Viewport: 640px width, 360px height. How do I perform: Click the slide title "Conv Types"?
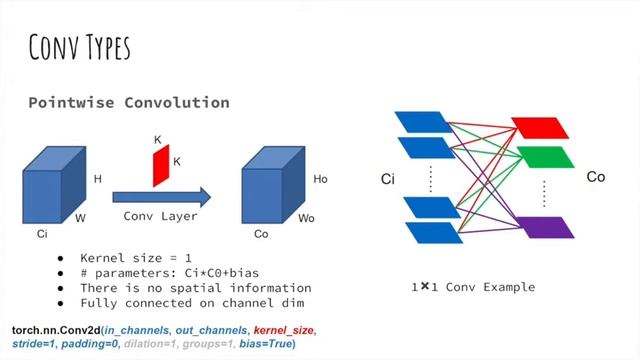(79, 46)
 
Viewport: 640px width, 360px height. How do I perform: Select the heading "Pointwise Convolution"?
(128, 103)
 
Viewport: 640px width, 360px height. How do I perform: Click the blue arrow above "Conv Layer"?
(161, 195)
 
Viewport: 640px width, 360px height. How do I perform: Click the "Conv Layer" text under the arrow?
(160, 215)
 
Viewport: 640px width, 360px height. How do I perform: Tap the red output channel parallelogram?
(539, 127)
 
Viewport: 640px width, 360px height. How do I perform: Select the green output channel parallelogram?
(539, 157)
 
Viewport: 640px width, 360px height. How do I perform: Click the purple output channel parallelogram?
(539, 226)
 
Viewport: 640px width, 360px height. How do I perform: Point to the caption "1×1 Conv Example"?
(472, 287)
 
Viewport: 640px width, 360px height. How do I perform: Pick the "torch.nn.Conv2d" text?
(55, 329)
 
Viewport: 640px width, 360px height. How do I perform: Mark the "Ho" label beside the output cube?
(320, 179)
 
